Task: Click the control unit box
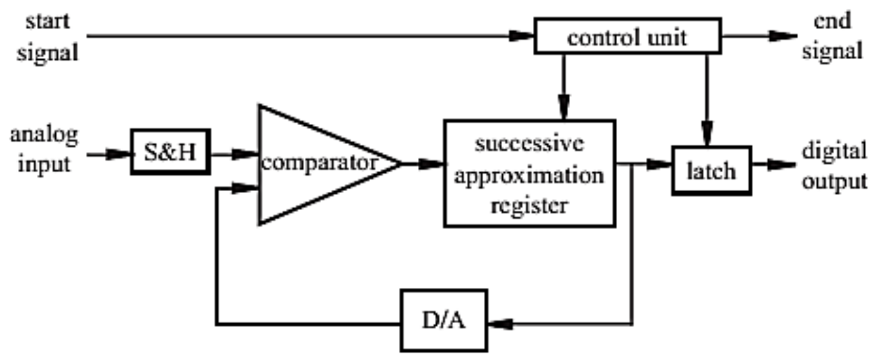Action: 627,37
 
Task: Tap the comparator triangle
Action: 316,164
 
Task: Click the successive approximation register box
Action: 529,173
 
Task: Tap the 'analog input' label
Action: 44,149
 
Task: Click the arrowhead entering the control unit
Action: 521,35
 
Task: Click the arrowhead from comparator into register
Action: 431,164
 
